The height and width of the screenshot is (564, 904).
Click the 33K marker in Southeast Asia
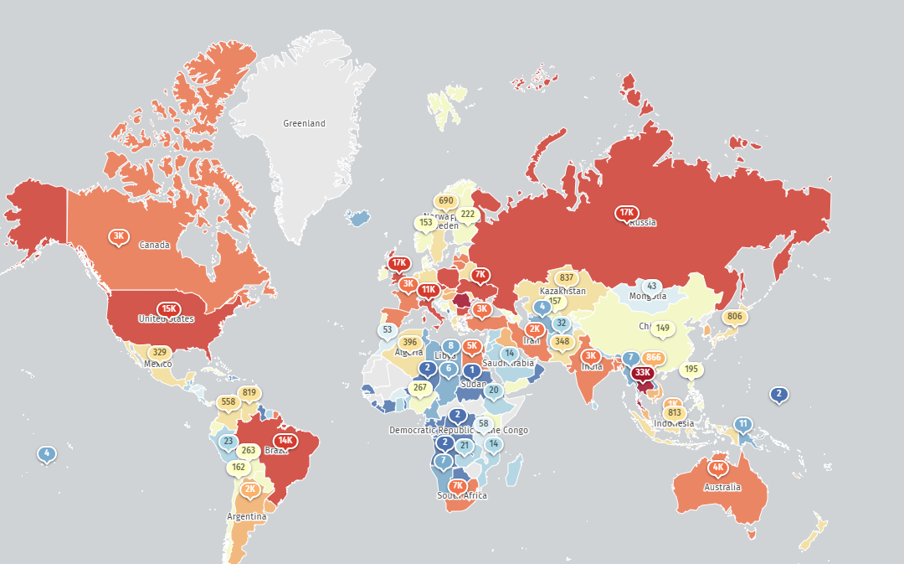coord(643,373)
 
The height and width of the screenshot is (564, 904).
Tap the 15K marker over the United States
coord(169,308)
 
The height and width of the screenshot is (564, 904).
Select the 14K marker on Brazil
coord(285,440)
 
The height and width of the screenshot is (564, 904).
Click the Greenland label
coord(304,123)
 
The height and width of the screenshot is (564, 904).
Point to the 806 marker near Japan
coord(735,316)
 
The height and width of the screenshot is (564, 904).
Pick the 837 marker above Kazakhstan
coord(567,278)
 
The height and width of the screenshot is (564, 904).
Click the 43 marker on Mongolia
coord(652,286)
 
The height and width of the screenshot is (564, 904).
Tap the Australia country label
coord(722,487)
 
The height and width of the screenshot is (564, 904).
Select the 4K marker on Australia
coord(717,468)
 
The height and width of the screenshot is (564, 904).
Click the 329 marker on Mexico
coord(159,352)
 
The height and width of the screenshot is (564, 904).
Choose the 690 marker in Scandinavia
coord(445,200)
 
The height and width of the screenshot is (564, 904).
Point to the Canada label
coord(154,246)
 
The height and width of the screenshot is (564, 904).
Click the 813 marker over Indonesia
coord(675,412)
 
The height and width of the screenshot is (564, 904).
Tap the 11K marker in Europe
coord(428,290)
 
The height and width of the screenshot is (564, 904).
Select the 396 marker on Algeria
coord(409,342)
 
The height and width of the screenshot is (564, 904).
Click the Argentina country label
coord(247,516)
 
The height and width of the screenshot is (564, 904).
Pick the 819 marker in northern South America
coord(249,392)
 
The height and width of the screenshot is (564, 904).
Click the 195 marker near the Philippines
coord(691,369)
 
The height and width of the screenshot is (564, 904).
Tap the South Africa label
coord(461,495)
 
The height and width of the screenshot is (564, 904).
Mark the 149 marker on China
coord(663,328)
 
